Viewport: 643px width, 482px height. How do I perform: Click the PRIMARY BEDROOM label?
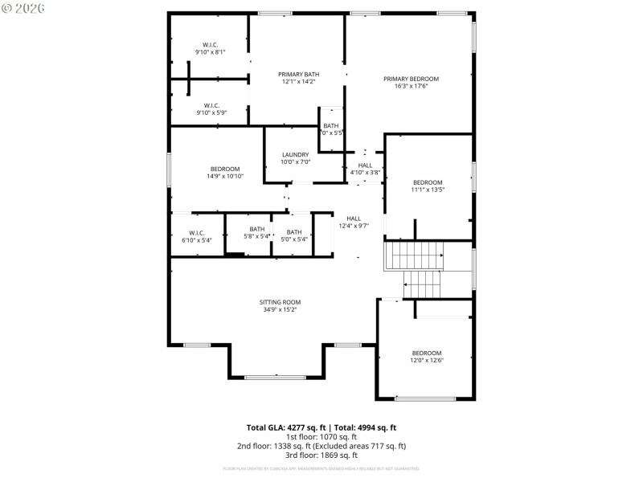coord(411,79)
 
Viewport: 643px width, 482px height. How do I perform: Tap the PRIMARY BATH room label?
coord(298,74)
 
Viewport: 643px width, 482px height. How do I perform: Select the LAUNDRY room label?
coord(295,154)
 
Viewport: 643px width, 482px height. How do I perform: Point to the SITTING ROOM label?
coord(281,302)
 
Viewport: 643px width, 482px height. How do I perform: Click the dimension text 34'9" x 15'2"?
coord(281,310)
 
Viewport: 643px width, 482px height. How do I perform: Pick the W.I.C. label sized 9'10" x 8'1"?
coord(211,44)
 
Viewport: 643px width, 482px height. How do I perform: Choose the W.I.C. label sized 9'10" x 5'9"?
coord(211,105)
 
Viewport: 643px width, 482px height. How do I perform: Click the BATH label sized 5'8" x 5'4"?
coord(257,231)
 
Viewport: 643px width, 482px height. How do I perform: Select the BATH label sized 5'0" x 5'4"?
coord(294,231)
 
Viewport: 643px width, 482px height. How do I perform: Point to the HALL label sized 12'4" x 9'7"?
coord(354,219)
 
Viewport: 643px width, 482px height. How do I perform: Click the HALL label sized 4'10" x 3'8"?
coord(365,165)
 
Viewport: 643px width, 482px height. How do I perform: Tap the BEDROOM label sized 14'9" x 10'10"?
coord(225,169)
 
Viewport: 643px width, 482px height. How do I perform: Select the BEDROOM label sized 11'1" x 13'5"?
coord(428,182)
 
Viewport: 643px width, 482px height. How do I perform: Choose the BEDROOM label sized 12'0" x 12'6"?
coord(427,353)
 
